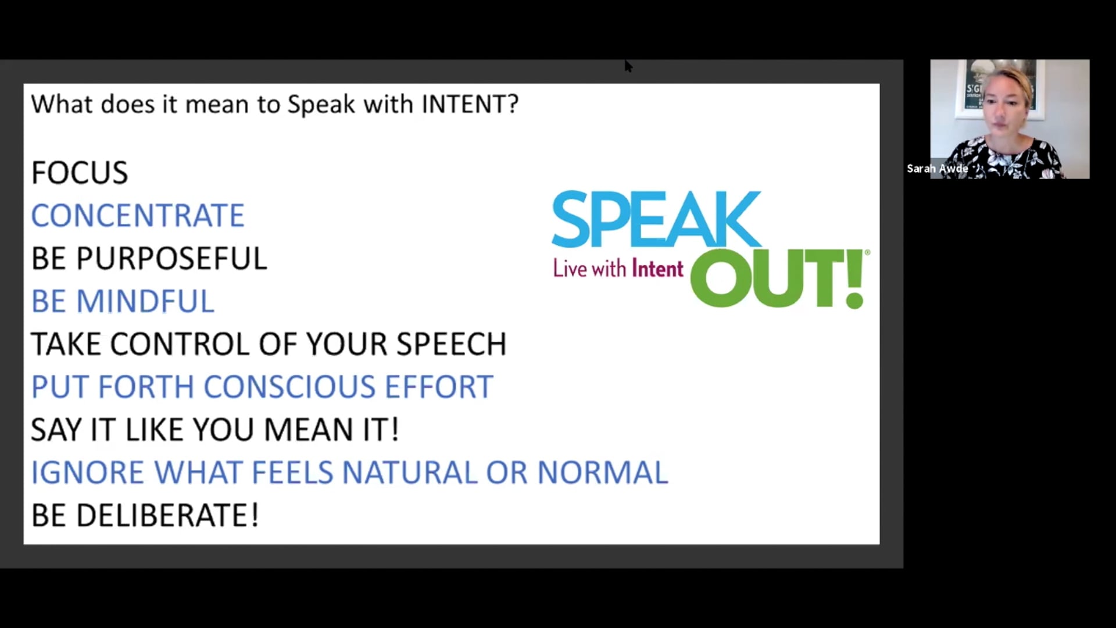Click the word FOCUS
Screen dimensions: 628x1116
(80, 173)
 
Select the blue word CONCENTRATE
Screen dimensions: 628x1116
(138, 216)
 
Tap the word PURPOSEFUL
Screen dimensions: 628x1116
(171, 259)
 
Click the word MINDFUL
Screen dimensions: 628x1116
(145, 301)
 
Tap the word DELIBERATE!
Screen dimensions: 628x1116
(167, 516)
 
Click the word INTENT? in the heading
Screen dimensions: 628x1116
(470, 105)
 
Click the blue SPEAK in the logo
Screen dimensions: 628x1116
(656, 220)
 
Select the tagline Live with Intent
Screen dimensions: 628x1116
(618, 269)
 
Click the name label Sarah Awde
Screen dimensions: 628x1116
(937, 169)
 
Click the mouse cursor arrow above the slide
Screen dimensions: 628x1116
(628, 65)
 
